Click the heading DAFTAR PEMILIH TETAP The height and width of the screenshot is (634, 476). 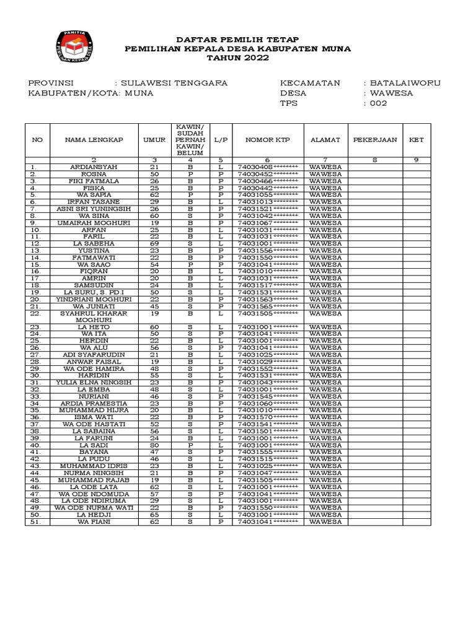coord(237,39)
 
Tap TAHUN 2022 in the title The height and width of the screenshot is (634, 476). coord(237,58)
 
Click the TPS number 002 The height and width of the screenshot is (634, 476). coord(378,103)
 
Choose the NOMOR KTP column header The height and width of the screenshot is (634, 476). coord(267,140)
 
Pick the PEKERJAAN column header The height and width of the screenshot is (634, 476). coord(375,140)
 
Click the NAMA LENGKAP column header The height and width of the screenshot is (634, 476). coord(94,140)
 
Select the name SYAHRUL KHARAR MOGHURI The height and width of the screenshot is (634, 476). coord(94,316)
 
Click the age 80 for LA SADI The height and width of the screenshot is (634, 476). coord(154,445)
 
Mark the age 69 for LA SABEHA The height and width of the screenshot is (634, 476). coord(154,243)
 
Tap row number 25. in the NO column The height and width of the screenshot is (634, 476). coord(37,341)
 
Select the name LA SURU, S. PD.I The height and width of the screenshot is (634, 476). coord(94,292)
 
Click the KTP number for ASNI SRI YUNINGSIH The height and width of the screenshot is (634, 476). coord(267,209)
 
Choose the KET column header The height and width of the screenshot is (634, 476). coord(416,140)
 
